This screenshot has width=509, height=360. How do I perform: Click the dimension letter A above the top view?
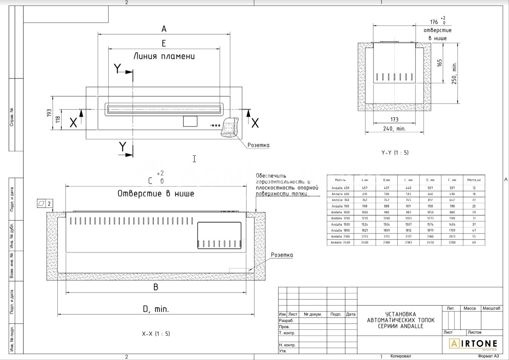(x=164, y=29)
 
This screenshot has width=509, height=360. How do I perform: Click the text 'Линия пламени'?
(x=164, y=56)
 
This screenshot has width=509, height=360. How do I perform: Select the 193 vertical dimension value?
(x=49, y=113)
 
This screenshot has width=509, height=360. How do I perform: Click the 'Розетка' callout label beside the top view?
(x=258, y=145)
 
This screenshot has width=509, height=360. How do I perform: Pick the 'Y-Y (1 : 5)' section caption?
(x=395, y=152)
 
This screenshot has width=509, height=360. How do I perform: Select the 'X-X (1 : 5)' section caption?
(x=156, y=334)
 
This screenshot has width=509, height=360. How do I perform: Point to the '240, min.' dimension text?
(x=394, y=128)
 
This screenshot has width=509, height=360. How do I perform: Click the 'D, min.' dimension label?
(x=156, y=309)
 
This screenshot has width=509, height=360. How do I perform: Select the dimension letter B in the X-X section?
(x=156, y=287)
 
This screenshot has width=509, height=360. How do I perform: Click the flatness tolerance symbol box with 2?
(x=45, y=203)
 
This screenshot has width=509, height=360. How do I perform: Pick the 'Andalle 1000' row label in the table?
(x=340, y=212)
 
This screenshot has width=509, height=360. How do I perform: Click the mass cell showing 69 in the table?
(x=473, y=242)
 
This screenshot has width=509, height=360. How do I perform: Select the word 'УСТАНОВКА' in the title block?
(x=401, y=314)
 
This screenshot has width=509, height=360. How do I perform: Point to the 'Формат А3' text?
(x=489, y=356)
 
